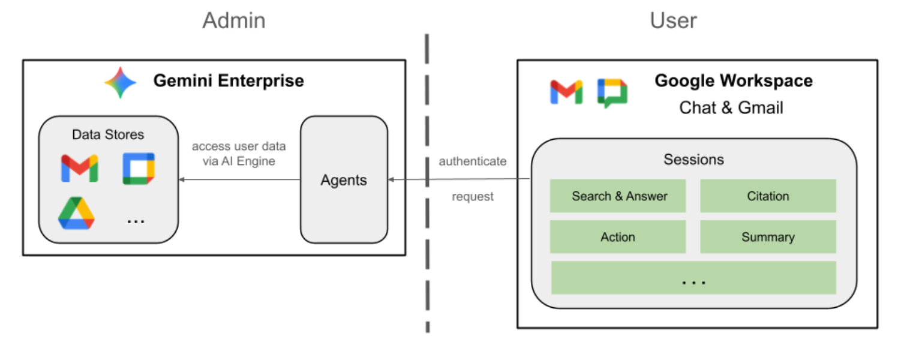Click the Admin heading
(233, 21)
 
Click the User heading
(673, 21)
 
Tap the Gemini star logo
(121, 83)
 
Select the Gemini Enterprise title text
(229, 81)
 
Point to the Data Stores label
(108, 134)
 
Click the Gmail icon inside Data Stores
(79, 169)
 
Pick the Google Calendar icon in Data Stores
(139, 169)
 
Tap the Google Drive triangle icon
(76, 214)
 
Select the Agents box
(344, 179)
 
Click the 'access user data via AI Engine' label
(239, 154)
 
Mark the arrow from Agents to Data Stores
(240, 179)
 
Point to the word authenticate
(473, 161)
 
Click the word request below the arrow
(473, 197)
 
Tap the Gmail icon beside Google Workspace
(566, 92)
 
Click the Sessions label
(693, 160)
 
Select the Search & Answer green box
(618, 196)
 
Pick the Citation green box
(768, 196)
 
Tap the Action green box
(618, 237)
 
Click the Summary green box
(768, 237)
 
